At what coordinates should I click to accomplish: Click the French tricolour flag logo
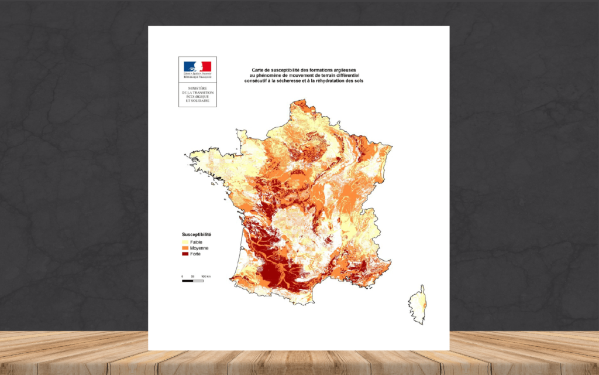(197, 66)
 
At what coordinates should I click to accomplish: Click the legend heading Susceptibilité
(197, 234)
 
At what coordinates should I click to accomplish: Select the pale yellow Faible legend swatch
(185, 242)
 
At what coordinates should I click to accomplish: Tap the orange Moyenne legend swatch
(185, 248)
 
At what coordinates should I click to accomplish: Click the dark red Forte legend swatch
(185, 254)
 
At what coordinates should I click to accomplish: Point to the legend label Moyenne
(199, 248)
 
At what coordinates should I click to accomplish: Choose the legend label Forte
(195, 254)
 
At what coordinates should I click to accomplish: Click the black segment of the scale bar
(188, 281)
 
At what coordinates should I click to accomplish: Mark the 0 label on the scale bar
(183, 275)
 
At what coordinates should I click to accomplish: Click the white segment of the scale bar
(198, 281)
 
